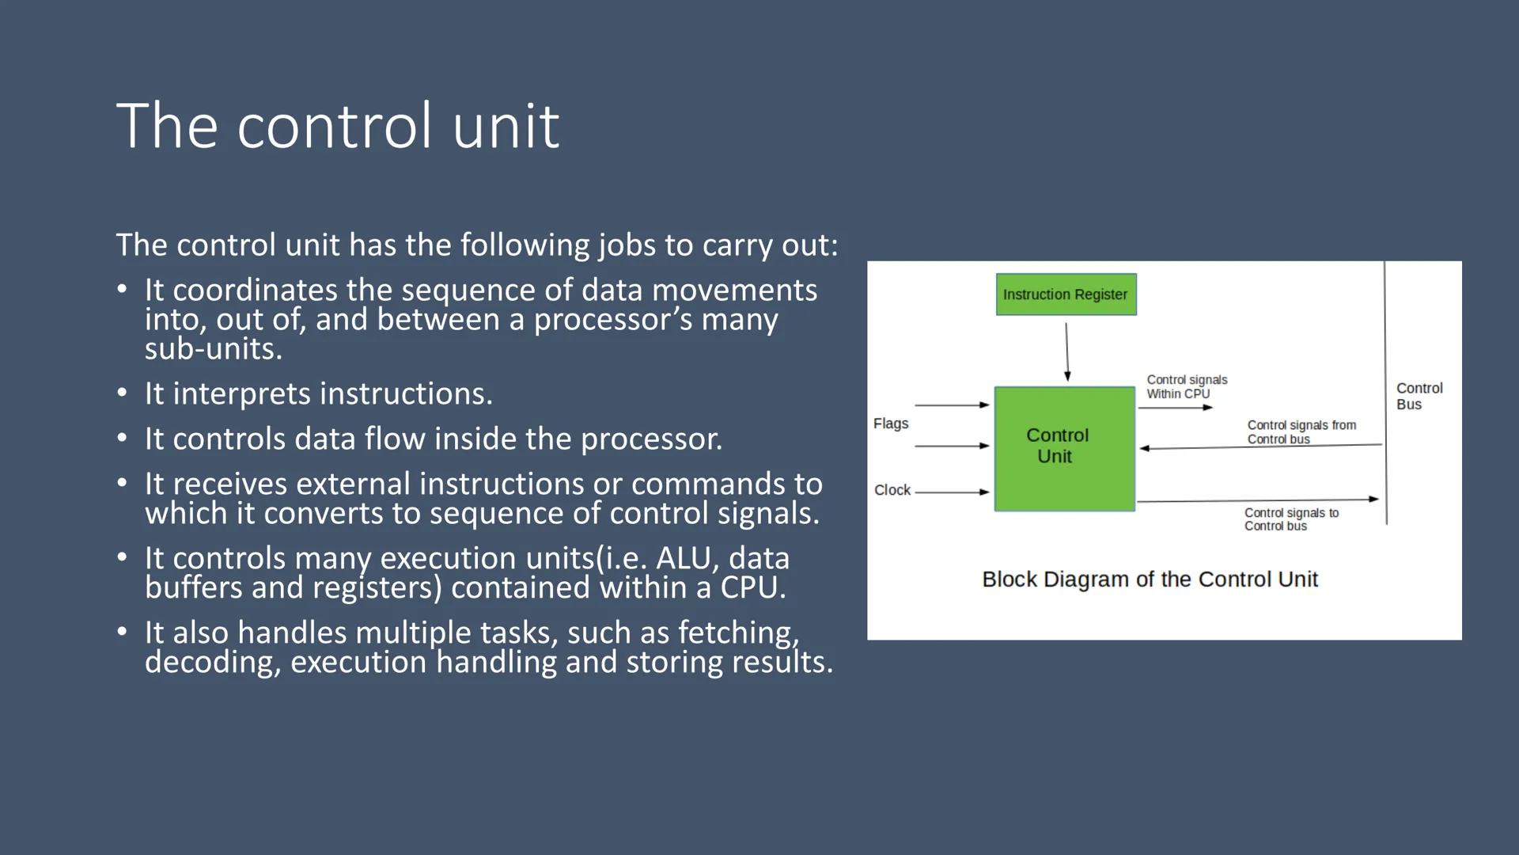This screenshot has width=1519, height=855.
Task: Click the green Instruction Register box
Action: pyautogui.click(x=1066, y=294)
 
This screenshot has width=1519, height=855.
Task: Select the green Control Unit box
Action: pyautogui.click(x=1064, y=448)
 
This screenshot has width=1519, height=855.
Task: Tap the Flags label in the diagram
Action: pyautogui.click(x=891, y=424)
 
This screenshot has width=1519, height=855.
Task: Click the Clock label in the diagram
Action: pyautogui.click(x=892, y=490)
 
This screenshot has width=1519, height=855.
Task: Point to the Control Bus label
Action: pyautogui.click(x=1419, y=396)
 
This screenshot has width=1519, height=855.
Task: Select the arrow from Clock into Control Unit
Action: pyautogui.click(x=952, y=492)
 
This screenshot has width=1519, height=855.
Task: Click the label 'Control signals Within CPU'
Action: pyautogui.click(x=1186, y=387)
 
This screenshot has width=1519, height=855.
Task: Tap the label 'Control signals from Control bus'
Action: pyautogui.click(x=1301, y=432)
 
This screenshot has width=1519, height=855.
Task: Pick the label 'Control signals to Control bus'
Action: pyautogui.click(x=1290, y=519)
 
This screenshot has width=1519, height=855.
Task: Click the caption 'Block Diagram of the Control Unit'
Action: pyautogui.click(x=1150, y=579)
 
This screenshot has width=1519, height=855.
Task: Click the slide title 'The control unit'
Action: pyautogui.click(x=338, y=126)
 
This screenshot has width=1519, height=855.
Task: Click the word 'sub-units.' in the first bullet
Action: pyautogui.click(x=213, y=349)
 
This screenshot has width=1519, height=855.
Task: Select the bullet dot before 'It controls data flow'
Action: pyautogui.click(x=121, y=438)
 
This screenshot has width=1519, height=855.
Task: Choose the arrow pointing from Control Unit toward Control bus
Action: pyautogui.click(x=1258, y=500)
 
